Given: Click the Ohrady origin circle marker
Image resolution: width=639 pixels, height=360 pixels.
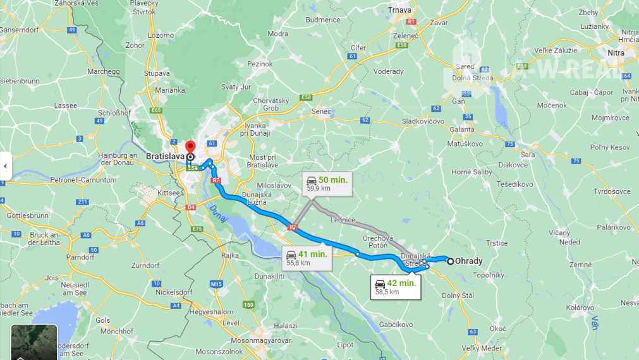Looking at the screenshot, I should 450,261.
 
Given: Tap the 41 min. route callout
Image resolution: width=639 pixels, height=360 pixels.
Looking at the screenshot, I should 307,257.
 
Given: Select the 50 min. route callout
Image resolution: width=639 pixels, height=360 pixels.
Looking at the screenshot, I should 327,183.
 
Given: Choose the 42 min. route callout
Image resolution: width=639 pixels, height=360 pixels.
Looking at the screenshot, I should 396,286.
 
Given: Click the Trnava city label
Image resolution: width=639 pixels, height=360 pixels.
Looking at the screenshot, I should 399,10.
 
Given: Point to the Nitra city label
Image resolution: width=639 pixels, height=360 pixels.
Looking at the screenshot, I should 616,53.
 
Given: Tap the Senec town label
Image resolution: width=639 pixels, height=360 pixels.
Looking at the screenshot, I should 322,111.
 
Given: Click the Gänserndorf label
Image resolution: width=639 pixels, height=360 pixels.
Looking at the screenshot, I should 18,30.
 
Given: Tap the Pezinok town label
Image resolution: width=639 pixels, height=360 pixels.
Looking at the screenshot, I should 260,64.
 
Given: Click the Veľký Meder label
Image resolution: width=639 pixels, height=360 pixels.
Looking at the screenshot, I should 482,348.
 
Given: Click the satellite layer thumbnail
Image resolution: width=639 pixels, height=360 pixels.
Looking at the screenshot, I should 33,343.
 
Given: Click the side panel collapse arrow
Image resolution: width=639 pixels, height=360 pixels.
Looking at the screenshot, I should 5,166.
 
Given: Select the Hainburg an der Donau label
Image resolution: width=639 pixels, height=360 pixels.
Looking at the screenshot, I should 118,159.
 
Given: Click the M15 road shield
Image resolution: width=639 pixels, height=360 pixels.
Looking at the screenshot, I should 217,284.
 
